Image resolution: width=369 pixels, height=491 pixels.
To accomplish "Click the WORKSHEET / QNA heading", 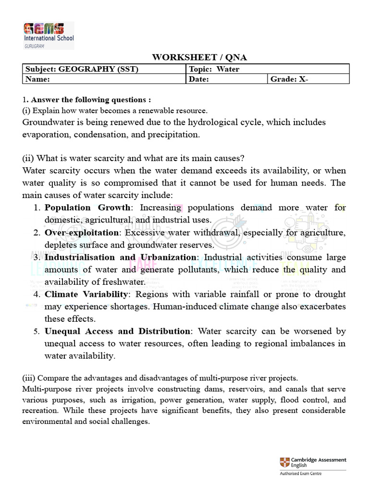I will (x=199, y=58).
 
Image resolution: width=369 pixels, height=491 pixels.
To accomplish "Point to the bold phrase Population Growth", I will (x=87, y=208).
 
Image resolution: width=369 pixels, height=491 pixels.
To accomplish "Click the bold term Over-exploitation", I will (x=81, y=233).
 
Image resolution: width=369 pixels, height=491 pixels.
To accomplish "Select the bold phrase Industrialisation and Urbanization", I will (x=120, y=257).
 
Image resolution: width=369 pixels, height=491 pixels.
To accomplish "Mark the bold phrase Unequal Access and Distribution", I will (x=117, y=331).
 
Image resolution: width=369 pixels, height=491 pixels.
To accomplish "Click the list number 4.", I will (x=37, y=294).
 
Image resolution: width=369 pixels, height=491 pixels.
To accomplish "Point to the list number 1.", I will (x=37, y=208).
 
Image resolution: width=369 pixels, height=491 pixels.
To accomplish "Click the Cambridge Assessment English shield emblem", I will (x=284, y=463).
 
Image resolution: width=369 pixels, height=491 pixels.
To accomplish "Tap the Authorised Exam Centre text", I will (x=301, y=474).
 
